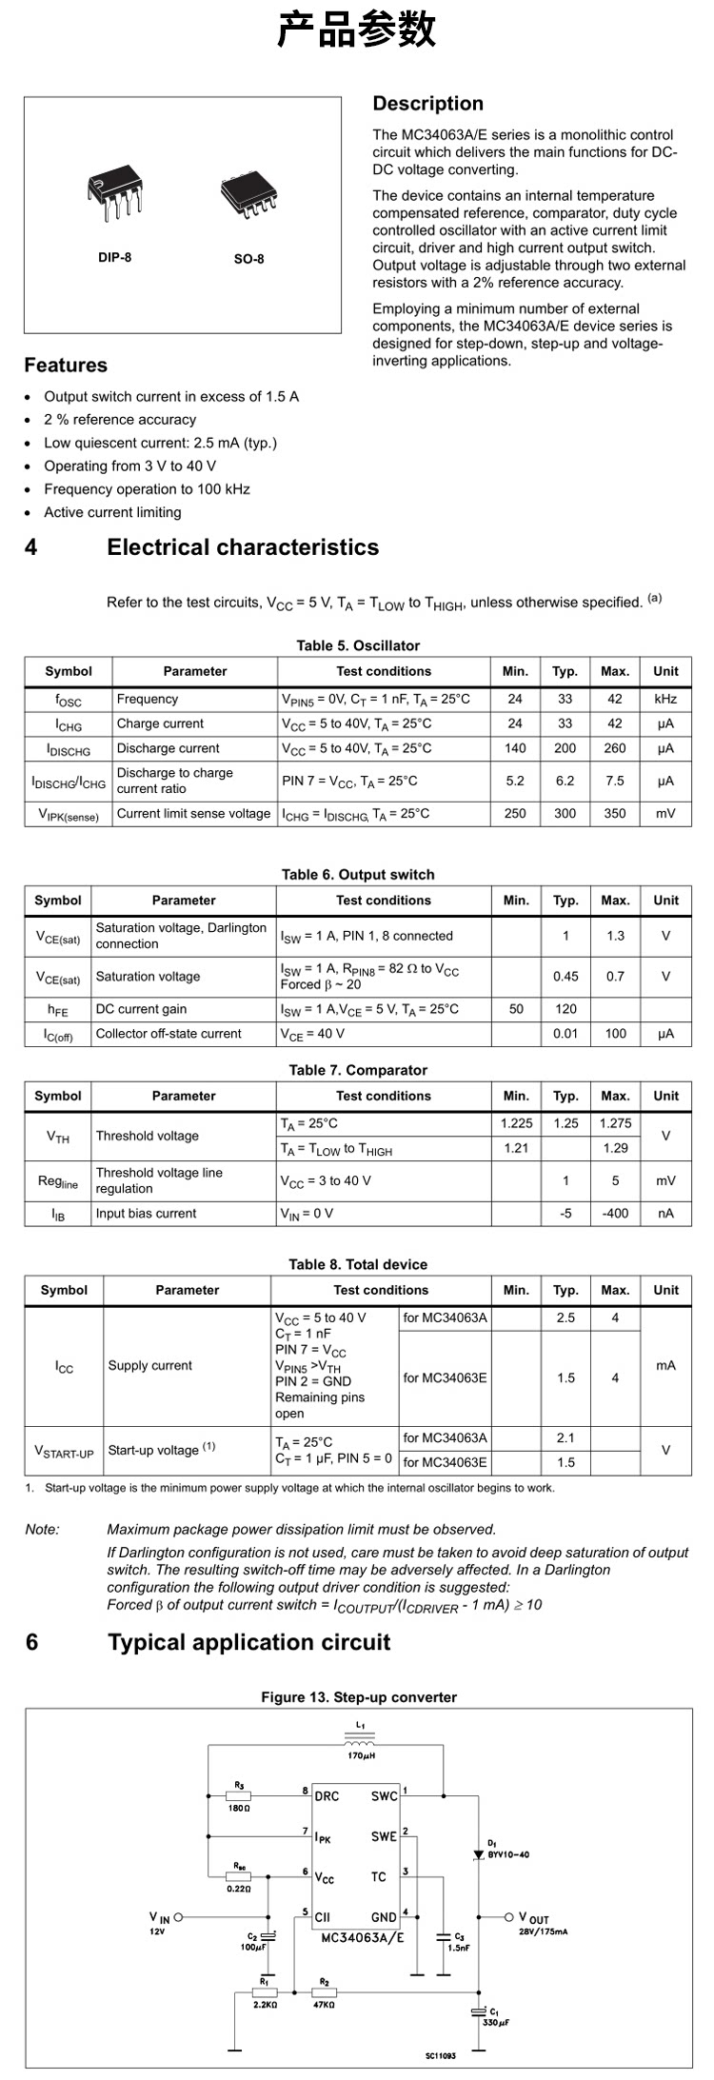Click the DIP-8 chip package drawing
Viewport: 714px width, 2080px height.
tap(114, 196)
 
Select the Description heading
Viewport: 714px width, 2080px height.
tap(427, 104)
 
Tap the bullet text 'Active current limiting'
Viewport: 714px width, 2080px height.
tap(112, 512)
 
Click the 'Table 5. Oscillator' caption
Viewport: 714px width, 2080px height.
tap(358, 645)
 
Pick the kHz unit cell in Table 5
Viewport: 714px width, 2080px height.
tap(665, 699)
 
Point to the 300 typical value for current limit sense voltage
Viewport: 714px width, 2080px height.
tap(565, 813)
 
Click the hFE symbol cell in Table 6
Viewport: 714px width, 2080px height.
tap(58, 1009)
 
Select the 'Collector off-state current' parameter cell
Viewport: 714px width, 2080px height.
tap(169, 1033)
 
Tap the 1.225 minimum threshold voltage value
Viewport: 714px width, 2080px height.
tap(516, 1123)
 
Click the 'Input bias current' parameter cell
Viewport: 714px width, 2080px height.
tap(146, 1213)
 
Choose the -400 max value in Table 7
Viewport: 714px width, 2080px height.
tap(615, 1213)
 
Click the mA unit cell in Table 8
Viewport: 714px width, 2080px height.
tap(665, 1365)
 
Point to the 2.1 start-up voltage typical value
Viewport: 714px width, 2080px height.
tap(565, 1437)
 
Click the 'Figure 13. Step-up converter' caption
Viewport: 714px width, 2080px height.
tap(359, 1697)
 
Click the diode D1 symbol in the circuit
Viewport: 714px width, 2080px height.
tap(478, 1854)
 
